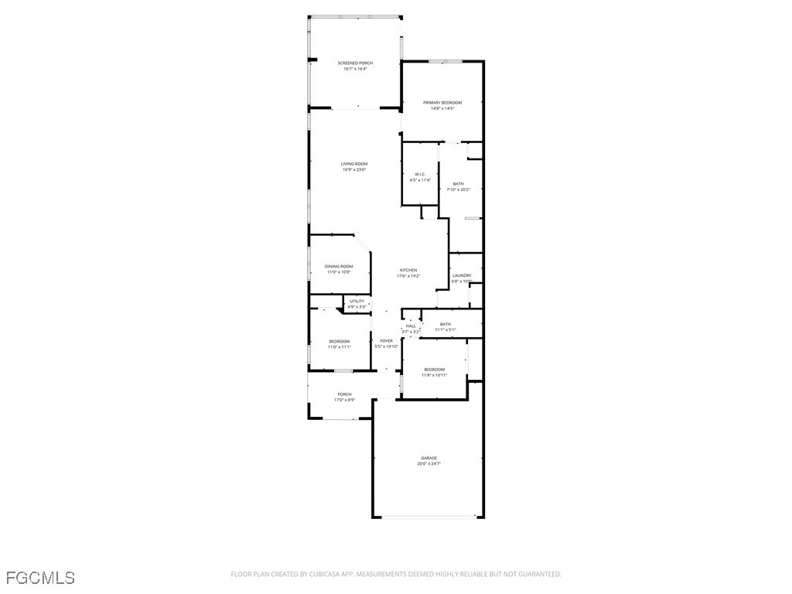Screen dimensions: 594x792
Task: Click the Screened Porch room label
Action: click(355, 63)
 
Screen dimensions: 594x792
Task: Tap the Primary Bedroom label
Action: click(442, 103)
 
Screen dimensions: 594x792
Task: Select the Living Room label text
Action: click(354, 164)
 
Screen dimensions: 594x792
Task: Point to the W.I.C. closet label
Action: click(420, 174)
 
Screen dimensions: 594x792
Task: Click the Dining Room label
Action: click(339, 266)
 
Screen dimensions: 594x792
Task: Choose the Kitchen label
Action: click(408, 270)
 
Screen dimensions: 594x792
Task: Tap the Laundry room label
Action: click(462, 275)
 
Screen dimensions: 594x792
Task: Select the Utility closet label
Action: click(357, 301)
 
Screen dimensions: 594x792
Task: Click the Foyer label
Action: click(386, 340)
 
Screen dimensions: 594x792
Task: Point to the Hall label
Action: click(411, 326)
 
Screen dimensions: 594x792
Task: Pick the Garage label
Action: click(428, 458)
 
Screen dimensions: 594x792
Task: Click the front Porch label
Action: click(344, 394)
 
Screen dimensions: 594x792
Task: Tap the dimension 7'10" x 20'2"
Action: click(458, 189)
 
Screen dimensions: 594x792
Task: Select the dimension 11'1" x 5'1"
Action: click(445, 330)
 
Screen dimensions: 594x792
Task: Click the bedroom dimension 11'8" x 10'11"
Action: click(434, 375)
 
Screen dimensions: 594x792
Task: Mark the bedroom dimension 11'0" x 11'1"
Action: click(339, 347)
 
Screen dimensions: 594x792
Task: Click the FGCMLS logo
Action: click(40, 577)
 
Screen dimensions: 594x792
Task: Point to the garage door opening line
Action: click(428, 516)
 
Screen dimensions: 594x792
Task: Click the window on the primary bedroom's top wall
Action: click(446, 61)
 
